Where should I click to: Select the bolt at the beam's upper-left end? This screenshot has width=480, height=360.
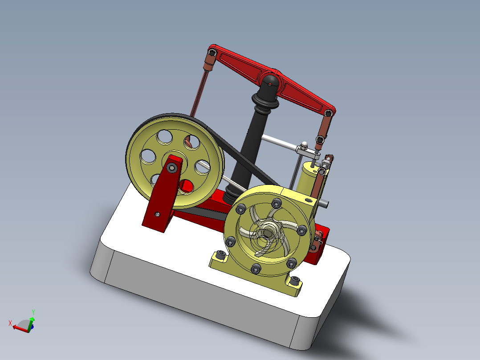[x=212, y=53]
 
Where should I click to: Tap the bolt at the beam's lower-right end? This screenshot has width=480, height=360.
[x=329, y=114]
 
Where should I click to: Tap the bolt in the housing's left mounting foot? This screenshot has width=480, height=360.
[x=220, y=255]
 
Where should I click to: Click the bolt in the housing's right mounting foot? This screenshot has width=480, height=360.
[x=295, y=282]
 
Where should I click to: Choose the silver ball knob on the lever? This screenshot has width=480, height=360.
[x=305, y=145]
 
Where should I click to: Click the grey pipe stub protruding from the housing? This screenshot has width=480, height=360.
[x=324, y=204]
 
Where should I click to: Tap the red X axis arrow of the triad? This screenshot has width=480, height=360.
[x=13, y=326]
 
